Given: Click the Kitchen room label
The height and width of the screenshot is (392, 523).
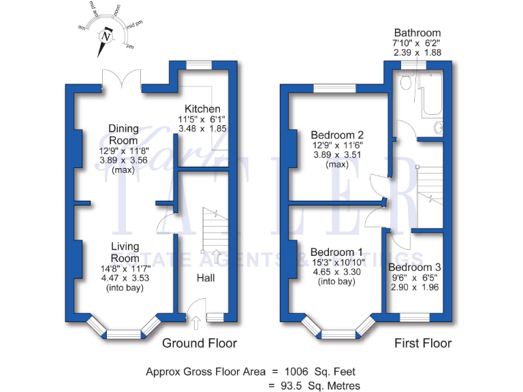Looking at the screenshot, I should (202, 109).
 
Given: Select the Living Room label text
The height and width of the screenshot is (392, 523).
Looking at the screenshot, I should (125, 252).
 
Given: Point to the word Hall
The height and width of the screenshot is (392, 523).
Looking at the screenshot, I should (206, 278).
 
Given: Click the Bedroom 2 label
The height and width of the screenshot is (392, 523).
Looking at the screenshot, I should (337, 135).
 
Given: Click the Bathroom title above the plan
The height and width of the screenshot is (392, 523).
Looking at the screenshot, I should (417, 33).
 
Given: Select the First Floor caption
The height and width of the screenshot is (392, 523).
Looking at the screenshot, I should (423, 343).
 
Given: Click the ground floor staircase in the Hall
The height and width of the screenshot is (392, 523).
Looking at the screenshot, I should (213, 231).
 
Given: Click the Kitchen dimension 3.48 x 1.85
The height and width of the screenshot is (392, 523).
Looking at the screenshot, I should (202, 128).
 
